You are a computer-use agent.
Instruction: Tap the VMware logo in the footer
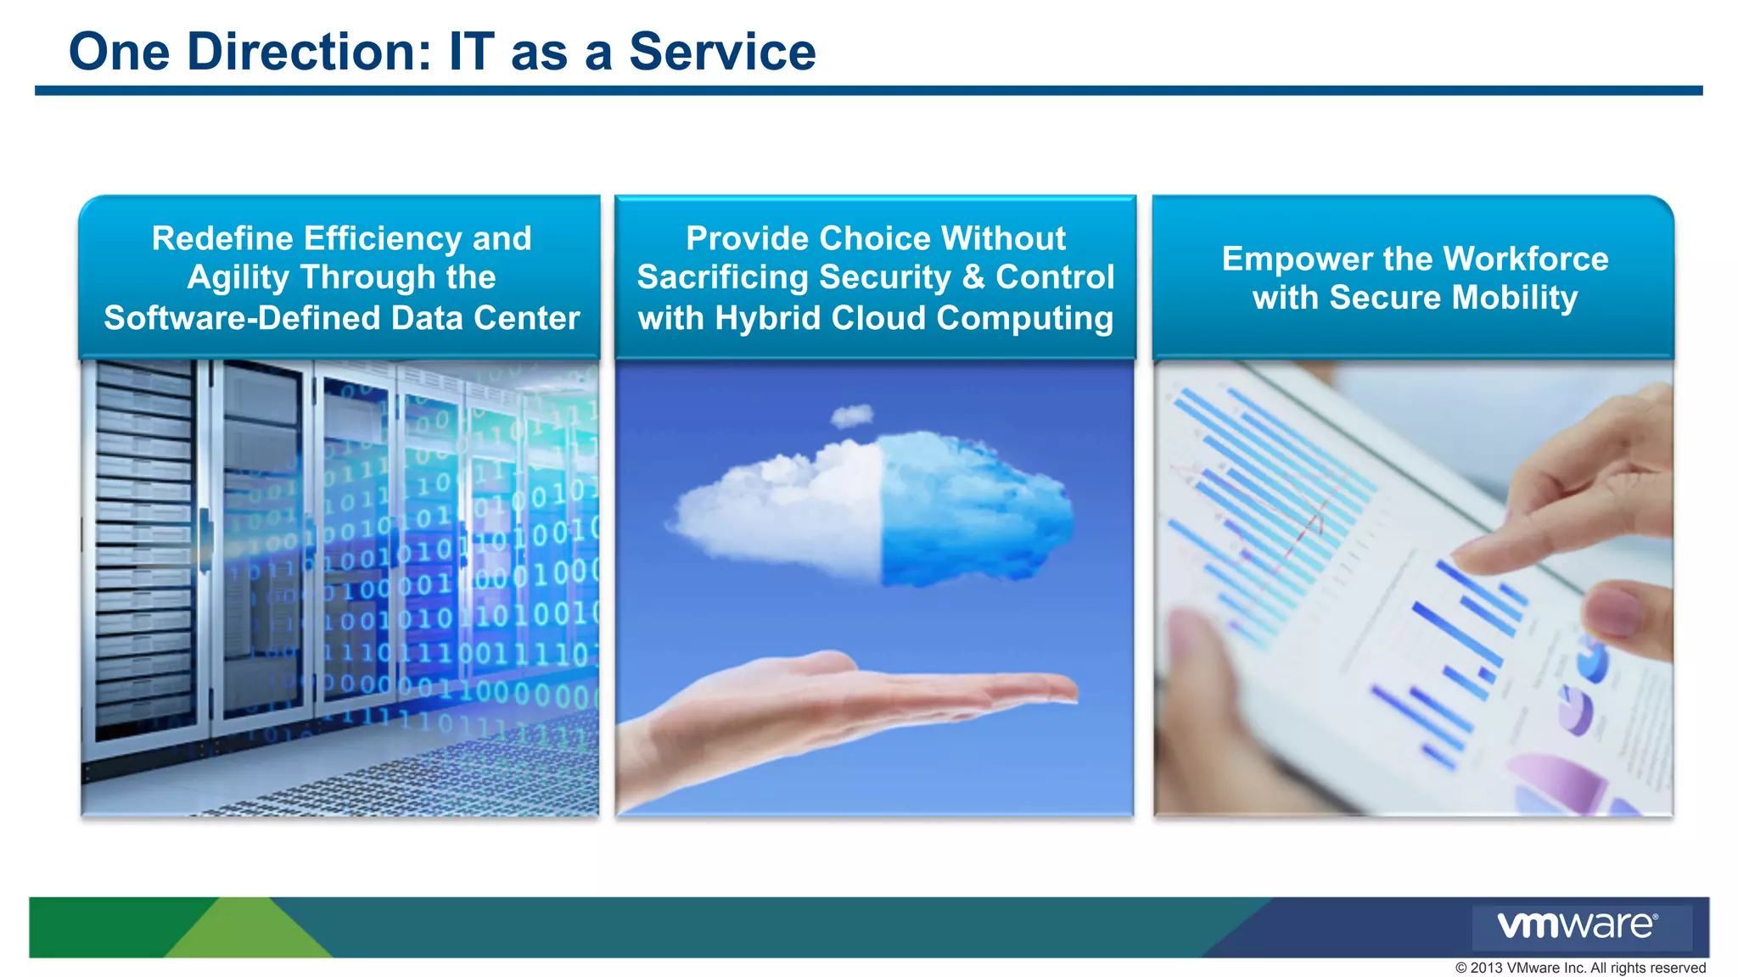1577,925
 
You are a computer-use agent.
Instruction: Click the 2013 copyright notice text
1579,968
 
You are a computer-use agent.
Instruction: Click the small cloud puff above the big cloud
851,416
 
